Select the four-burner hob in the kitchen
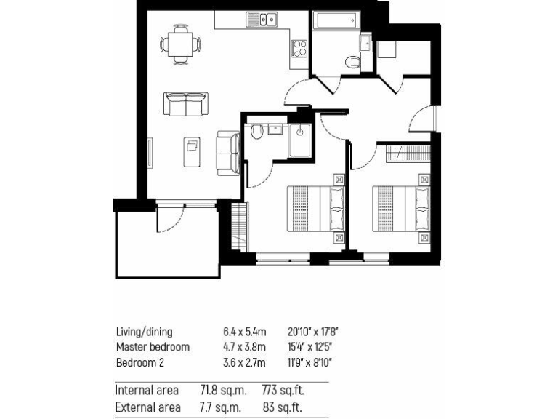tap(299, 49)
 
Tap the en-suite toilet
tap(256, 132)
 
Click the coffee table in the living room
tap(193, 151)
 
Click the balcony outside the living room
tap(167, 244)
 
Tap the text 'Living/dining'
tap(144, 332)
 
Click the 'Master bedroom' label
tap(153, 347)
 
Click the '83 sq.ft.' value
tap(282, 408)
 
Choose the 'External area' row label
tap(148, 408)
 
